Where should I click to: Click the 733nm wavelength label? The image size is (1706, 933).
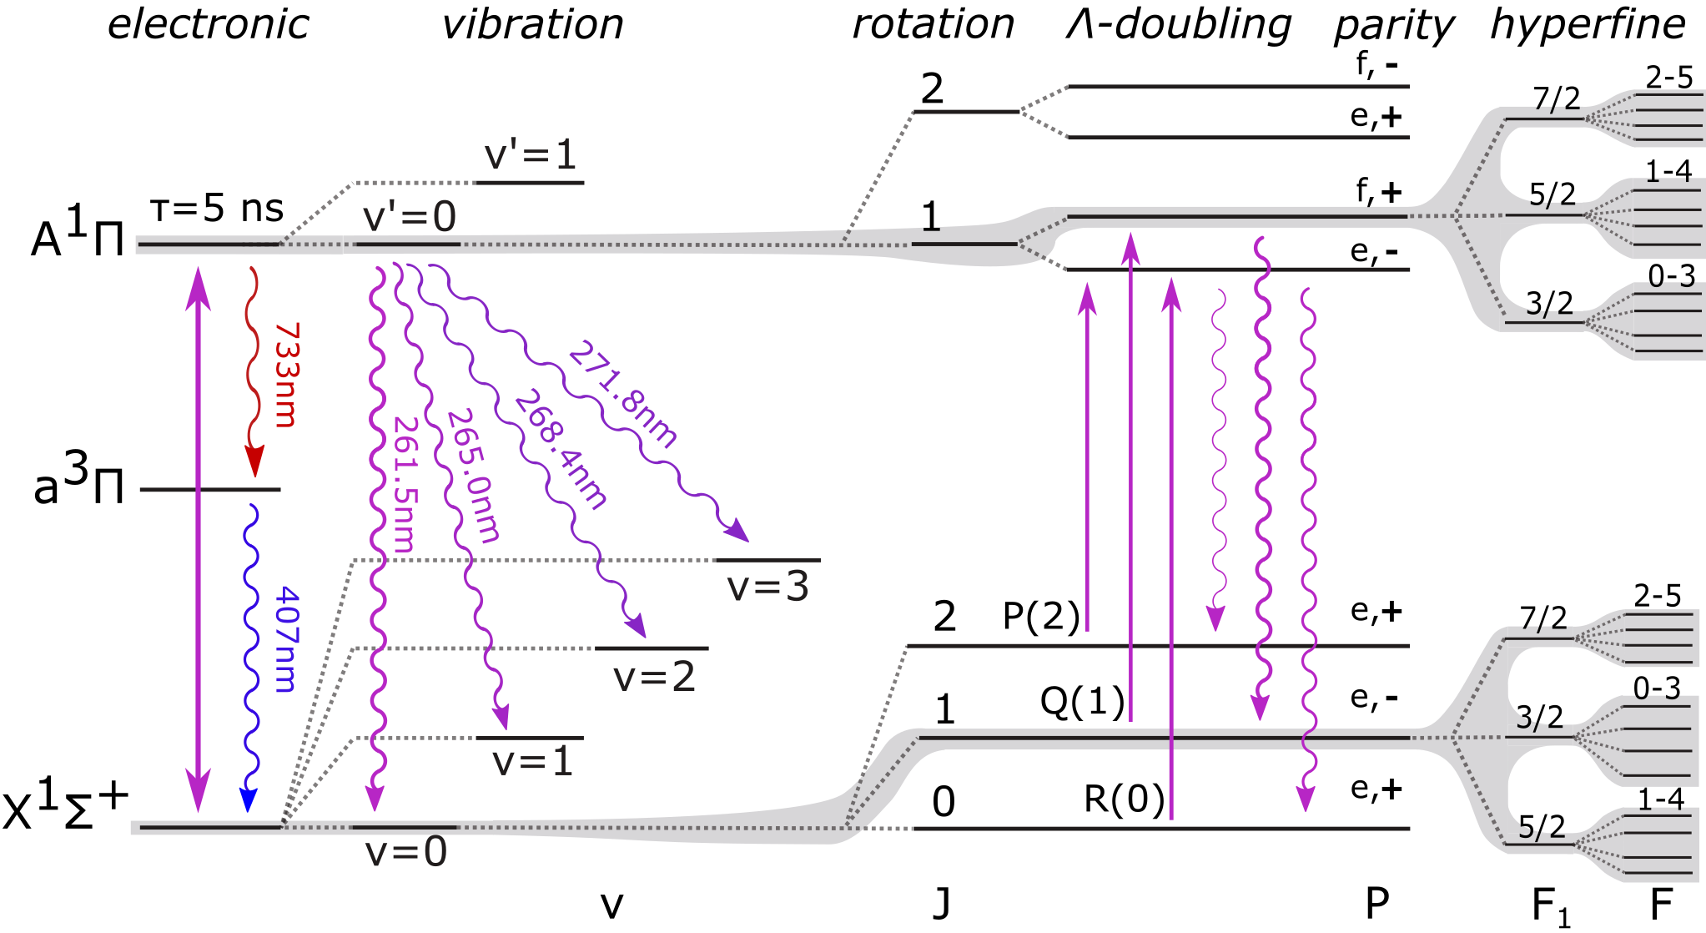(x=286, y=375)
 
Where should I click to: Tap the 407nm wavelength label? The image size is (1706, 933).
(x=286, y=639)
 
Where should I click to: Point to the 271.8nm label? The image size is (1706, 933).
(x=622, y=394)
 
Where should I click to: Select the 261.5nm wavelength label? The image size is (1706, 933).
(x=403, y=484)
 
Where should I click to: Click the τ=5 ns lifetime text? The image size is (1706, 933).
(x=217, y=209)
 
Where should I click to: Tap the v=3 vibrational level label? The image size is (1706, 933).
(x=768, y=587)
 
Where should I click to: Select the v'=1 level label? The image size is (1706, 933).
(x=531, y=155)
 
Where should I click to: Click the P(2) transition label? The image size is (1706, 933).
(x=1041, y=617)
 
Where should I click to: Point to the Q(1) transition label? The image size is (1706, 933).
(x=1082, y=702)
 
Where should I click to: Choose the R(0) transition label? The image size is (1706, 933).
(x=1124, y=799)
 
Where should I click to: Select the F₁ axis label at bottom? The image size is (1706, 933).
(x=1551, y=906)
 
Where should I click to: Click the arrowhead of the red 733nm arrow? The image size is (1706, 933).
(x=254, y=461)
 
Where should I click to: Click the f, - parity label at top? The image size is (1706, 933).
(x=1376, y=64)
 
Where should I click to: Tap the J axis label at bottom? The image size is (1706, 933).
(x=942, y=904)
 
